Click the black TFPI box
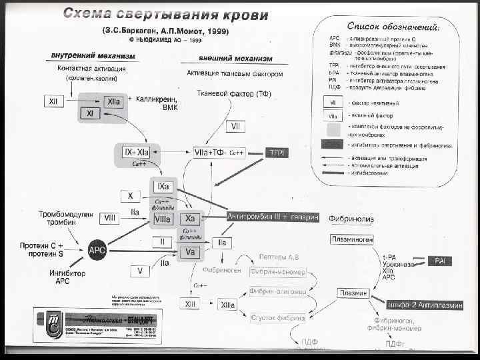click(277, 152)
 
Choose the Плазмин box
click(354, 293)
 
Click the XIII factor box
click(191, 304)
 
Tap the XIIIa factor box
click(227, 304)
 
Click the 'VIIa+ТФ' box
click(209, 152)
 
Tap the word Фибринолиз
click(351, 218)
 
